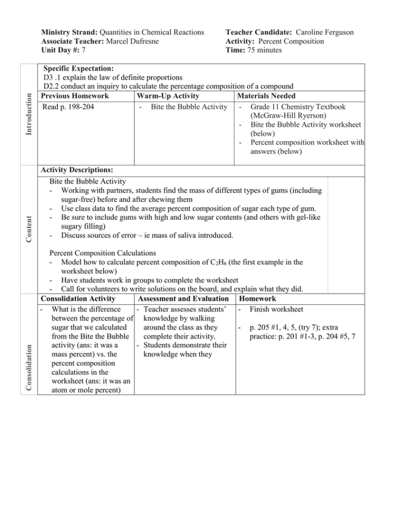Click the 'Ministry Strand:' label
coord(62,32)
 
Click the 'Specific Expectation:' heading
coord(78,68)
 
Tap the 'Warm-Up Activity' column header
coord(168,96)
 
